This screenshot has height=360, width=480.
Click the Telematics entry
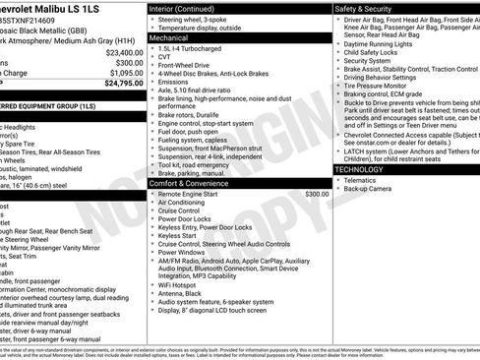coord(367,180)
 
